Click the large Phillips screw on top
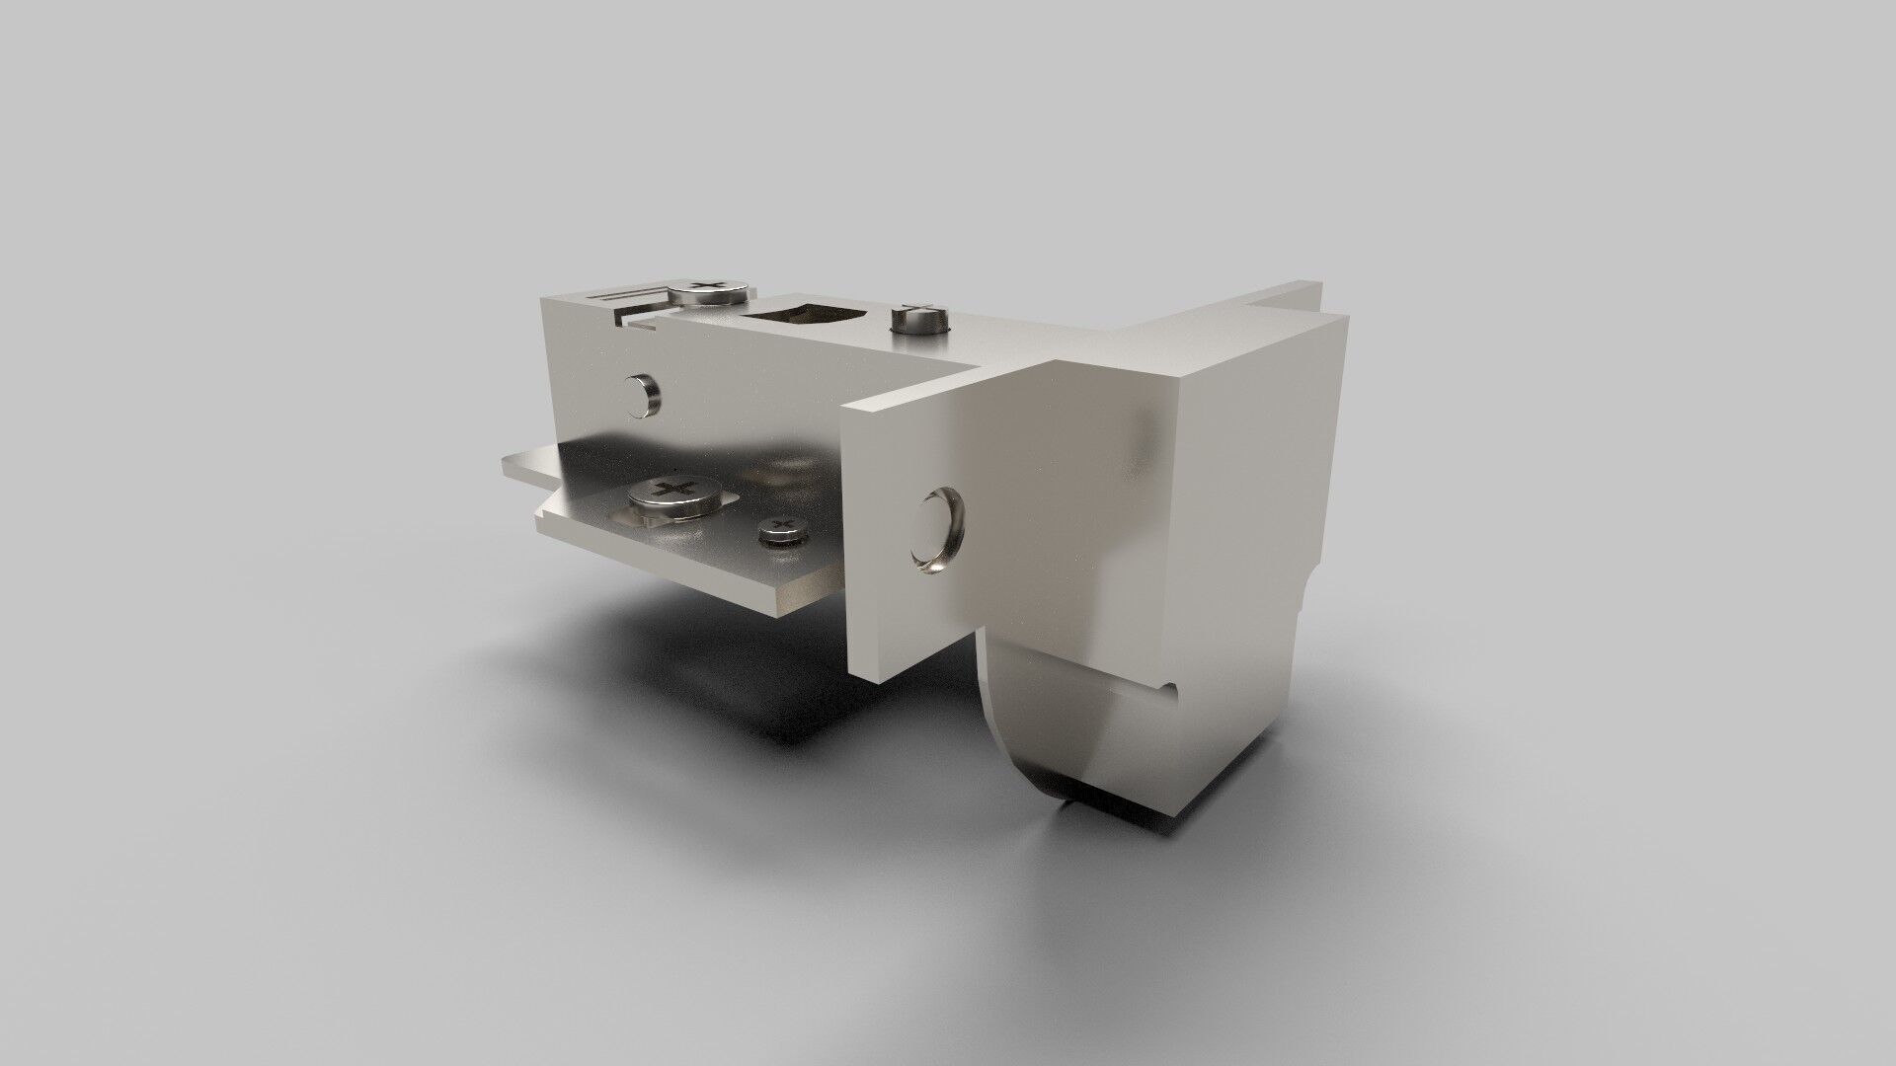click(706, 291)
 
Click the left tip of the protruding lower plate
click(508, 469)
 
